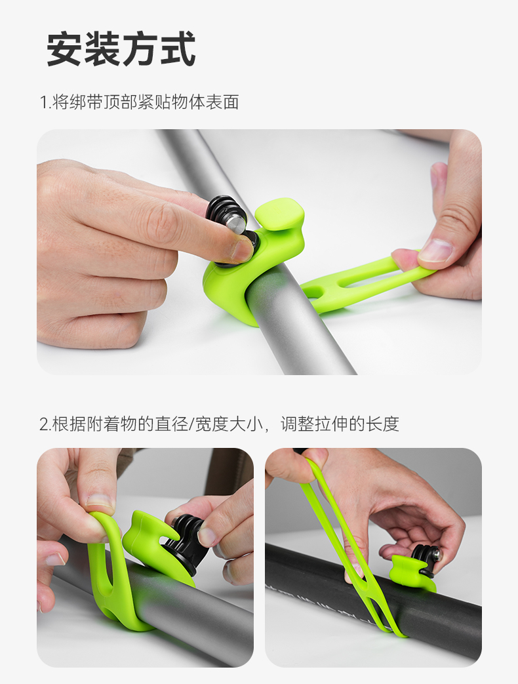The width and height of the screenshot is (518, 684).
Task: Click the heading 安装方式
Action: pos(121,49)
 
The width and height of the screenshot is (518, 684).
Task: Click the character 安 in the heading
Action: pos(64,49)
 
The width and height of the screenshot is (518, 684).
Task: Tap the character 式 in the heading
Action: pos(178,49)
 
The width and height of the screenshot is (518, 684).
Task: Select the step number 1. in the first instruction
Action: pos(45,102)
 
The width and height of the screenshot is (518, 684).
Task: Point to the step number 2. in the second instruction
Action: pos(45,424)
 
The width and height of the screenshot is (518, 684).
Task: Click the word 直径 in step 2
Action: pos(171,424)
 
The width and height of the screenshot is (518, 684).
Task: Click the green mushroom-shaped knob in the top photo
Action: pos(279,213)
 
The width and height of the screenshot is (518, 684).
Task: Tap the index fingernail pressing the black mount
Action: pos(243,250)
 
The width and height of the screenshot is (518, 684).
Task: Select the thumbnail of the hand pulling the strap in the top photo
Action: pos(435,250)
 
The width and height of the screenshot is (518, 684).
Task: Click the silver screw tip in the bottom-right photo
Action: pos(437,554)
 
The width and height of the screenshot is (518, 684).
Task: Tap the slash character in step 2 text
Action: pos(191,424)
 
